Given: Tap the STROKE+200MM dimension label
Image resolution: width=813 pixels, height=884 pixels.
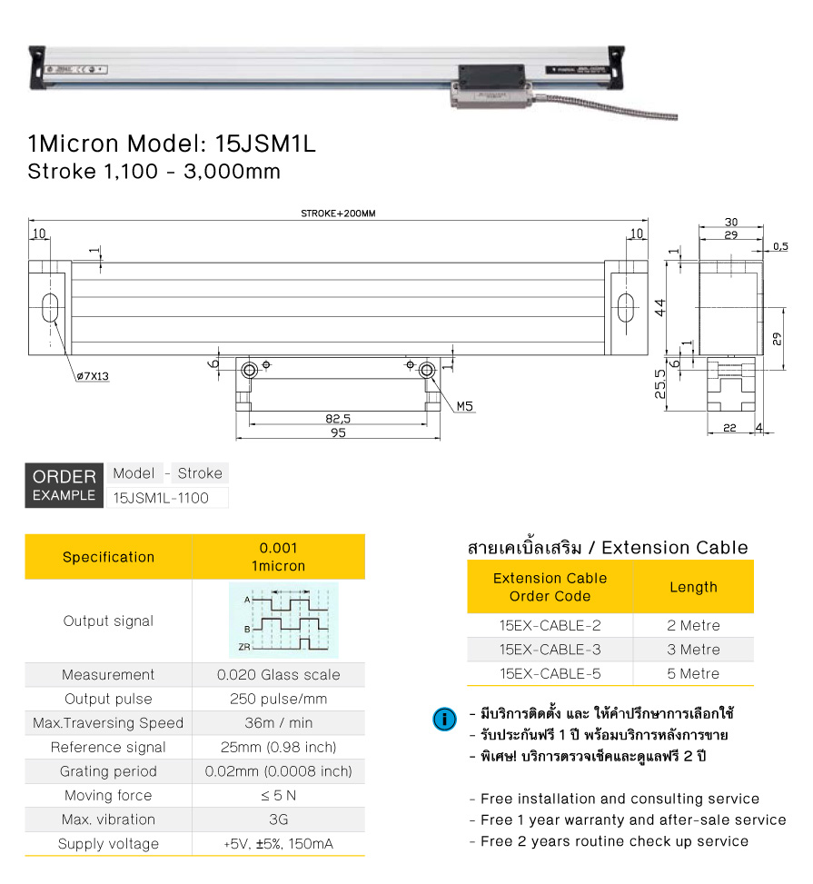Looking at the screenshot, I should pyautogui.click(x=338, y=214).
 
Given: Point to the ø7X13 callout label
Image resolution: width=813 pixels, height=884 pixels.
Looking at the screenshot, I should pyautogui.click(x=93, y=375).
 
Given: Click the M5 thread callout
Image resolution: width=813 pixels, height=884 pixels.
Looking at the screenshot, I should pyautogui.click(x=465, y=406).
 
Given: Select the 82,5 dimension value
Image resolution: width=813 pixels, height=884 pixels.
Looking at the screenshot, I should pyautogui.click(x=338, y=419).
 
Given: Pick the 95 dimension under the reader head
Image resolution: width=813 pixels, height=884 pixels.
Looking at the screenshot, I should pyautogui.click(x=338, y=433).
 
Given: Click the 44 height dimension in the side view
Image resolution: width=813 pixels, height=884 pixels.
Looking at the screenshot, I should pyautogui.click(x=661, y=307).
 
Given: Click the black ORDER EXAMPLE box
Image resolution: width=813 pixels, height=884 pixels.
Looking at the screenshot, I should pyautogui.click(x=64, y=485).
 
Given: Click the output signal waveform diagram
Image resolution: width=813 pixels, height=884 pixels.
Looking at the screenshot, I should pyautogui.click(x=283, y=621).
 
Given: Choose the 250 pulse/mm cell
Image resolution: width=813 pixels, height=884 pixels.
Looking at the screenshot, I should pyautogui.click(x=278, y=699).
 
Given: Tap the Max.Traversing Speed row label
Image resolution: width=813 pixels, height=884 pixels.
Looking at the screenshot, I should pyautogui.click(x=108, y=723).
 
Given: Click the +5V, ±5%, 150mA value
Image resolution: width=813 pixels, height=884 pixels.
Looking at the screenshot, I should pyautogui.click(x=278, y=844).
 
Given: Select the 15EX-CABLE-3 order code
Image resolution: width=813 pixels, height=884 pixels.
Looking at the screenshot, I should pyautogui.click(x=550, y=650).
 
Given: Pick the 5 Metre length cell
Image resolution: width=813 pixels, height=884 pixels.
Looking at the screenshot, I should pyautogui.click(x=693, y=673).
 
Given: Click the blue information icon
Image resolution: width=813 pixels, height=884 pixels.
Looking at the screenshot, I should pyautogui.click(x=444, y=720).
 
